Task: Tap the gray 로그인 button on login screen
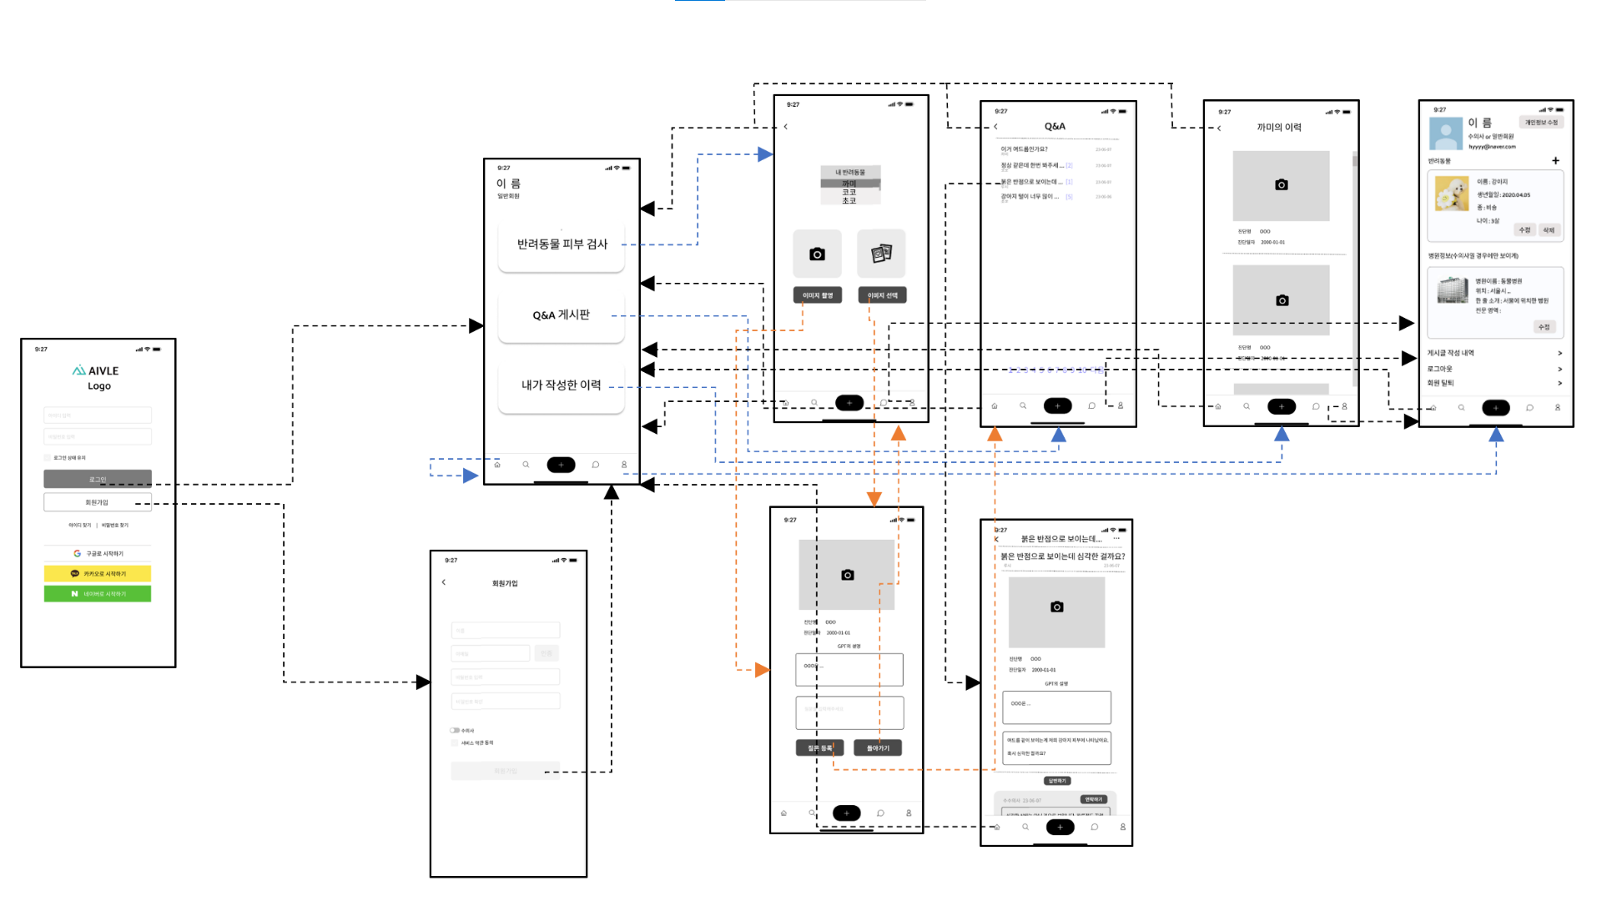pos(98,479)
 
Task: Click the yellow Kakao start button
pos(98,574)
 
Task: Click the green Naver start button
pos(98,594)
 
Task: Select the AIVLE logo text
pos(98,370)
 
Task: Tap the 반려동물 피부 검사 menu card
pos(562,244)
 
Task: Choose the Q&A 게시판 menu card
pos(562,315)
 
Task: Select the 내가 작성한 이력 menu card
pos(562,385)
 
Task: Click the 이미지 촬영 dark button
pos(818,295)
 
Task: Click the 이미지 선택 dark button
pos(882,295)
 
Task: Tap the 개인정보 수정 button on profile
pos(1541,123)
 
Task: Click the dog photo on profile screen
pos(1452,194)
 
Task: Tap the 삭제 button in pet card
pos(1549,230)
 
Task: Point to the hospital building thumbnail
pos(1453,290)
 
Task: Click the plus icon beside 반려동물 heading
pos(1555,161)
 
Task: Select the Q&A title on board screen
pos(1055,127)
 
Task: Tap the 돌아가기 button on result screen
pos(878,748)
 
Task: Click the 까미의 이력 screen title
pos(1279,128)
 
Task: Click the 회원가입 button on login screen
pos(98,502)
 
